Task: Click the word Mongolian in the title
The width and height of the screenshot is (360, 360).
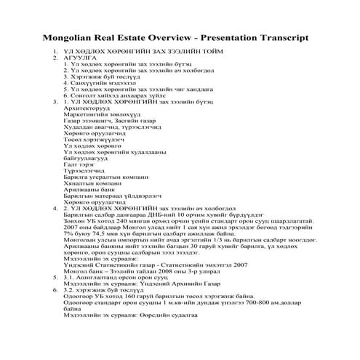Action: (x=68, y=36)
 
